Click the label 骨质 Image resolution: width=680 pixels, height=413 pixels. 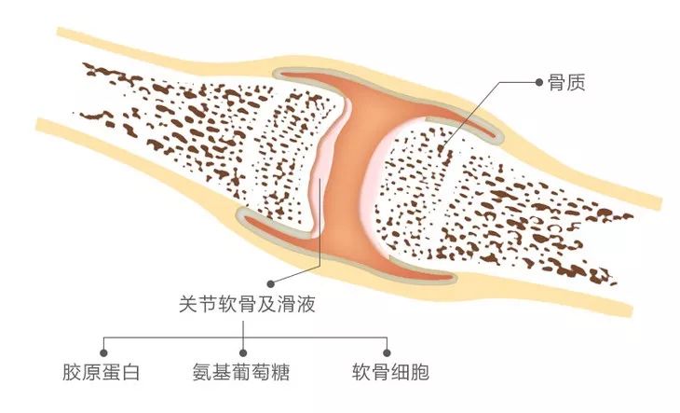click(566, 83)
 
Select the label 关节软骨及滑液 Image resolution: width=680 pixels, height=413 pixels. click(244, 304)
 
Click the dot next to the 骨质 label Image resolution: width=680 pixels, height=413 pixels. click(540, 82)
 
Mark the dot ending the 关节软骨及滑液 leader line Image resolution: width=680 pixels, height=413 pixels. click(269, 282)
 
